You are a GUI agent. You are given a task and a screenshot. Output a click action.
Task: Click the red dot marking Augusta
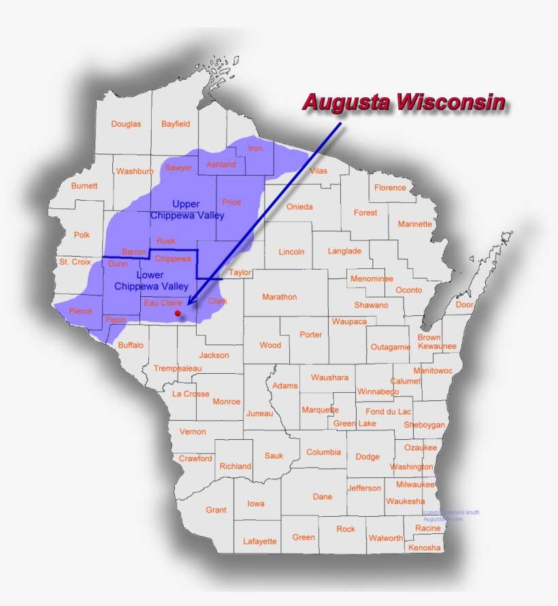(x=178, y=313)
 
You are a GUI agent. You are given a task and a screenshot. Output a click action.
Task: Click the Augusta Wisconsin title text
(x=404, y=103)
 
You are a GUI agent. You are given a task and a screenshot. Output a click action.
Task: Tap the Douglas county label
(x=126, y=124)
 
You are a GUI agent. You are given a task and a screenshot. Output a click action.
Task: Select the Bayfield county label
(x=176, y=124)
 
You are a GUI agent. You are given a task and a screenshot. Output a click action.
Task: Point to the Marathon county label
(x=279, y=297)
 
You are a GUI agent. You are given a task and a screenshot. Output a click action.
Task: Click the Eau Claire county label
(x=162, y=302)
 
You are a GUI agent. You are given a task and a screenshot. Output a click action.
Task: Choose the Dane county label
(x=323, y=497)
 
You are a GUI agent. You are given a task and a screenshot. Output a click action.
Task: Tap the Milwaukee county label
(x=415, y=485)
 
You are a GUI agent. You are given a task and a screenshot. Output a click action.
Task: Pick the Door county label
(x=465, y=305)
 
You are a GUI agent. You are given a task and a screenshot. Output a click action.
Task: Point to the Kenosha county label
(x=424, y=547)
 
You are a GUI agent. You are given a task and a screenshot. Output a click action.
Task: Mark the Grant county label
(x=216, y=509)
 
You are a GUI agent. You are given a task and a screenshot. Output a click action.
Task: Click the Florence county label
(x=390, y=188)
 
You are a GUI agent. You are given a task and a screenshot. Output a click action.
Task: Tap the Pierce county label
(x=80, y=311)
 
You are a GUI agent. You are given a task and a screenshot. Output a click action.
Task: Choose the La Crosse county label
(x=191, y=394)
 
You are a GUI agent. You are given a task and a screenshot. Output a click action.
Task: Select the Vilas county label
(x=318, y=171)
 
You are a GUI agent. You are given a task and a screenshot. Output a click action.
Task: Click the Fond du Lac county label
(x=389, y=411)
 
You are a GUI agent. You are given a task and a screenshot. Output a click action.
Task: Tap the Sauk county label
(x=274, y=456)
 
